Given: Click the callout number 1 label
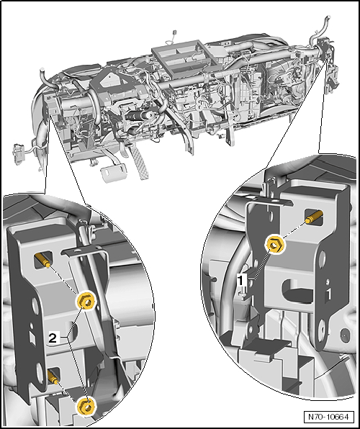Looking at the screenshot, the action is (240, 281).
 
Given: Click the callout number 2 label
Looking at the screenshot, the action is (53, 338).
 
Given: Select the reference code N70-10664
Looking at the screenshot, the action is (328, 417).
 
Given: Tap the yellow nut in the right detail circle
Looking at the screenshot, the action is (274, 244).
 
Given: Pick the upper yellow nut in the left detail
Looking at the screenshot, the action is (86, 301).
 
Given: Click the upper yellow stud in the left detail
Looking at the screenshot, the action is (42, 260).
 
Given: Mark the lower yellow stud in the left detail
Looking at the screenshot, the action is (53, 376).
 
